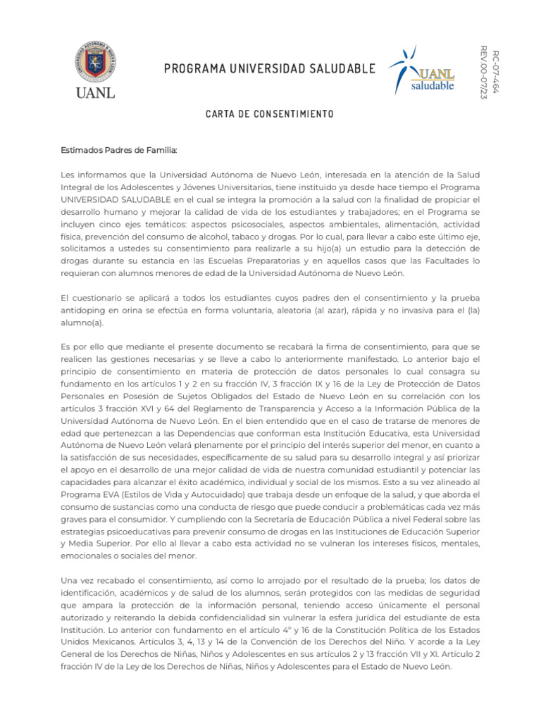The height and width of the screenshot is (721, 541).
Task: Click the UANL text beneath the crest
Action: tap(95, 92)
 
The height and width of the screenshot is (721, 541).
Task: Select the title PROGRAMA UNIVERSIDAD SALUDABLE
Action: tap(270, 68)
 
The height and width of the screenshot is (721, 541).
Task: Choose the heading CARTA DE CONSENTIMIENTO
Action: tap(270, 113)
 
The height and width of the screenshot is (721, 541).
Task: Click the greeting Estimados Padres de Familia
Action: tap(119, 150)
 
